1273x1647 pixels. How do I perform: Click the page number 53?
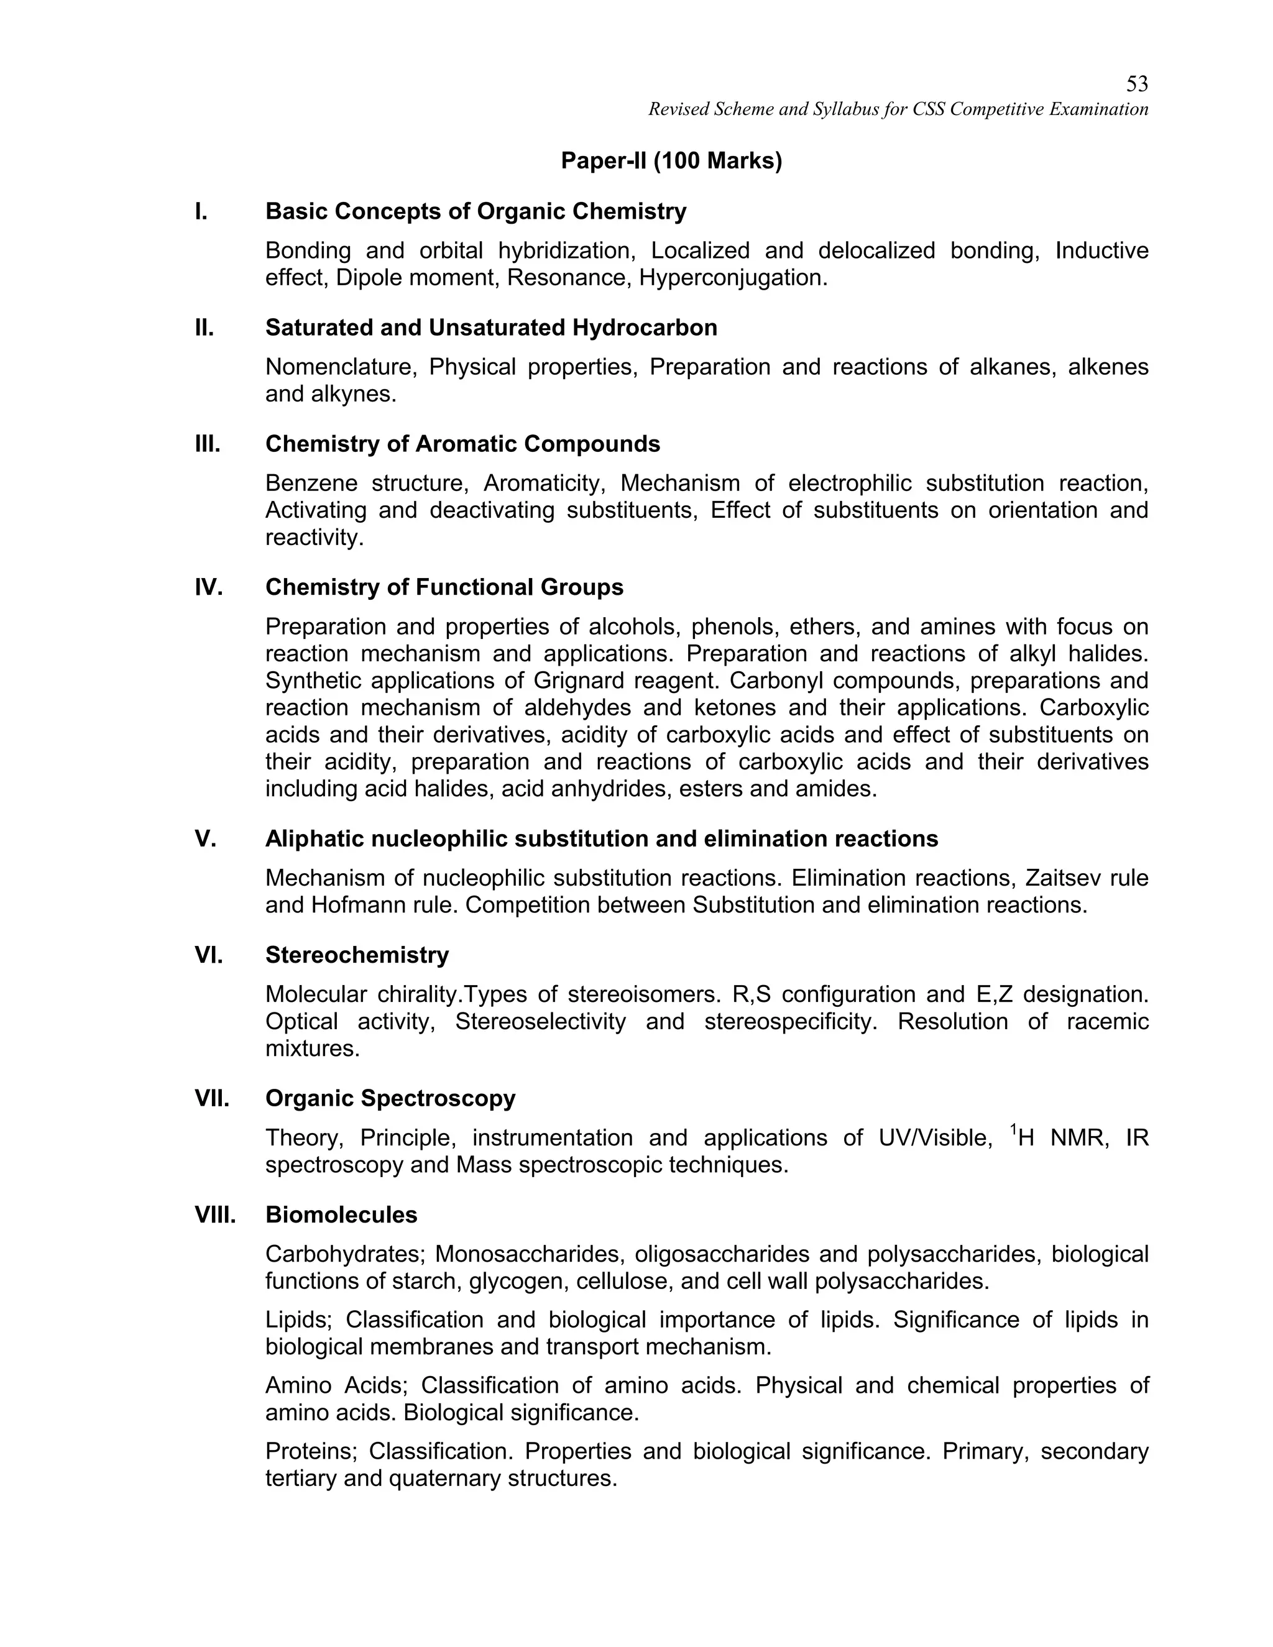tap(1136, 84)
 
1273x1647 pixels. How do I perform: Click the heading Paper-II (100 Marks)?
tap(671, 160)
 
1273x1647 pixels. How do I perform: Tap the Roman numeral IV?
tap(208, 587)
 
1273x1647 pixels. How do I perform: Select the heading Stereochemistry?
tap(357, 955)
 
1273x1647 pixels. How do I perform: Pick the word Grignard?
tap(577, 680)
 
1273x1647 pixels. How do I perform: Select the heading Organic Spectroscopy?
tap(390, 1098)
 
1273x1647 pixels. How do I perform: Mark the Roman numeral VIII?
tap(215, 1215)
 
